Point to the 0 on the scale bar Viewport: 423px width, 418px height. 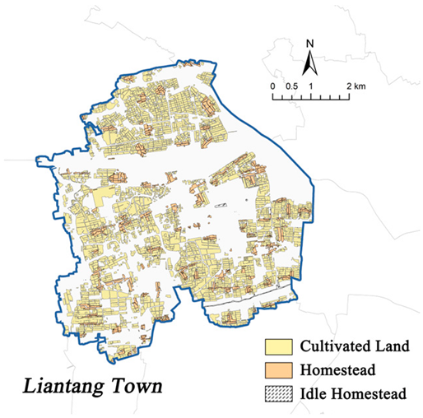pyautogui.click(x=272, y=86)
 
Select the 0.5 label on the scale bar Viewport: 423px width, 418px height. pyautogui.click(x=291, y=86)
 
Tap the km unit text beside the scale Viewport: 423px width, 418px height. pyautogui.click(x=360, y=86)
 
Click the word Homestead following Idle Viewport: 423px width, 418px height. pyautogui.click(x=367, y=395)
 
